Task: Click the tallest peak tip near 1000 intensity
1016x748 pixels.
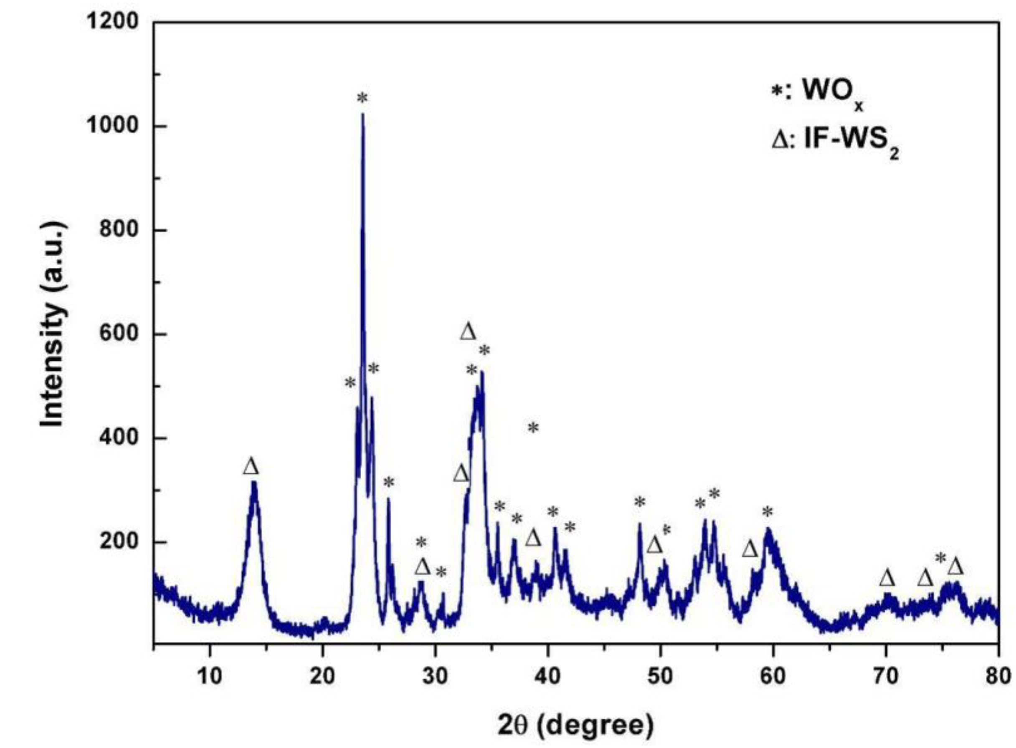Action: click(x=362, y=114)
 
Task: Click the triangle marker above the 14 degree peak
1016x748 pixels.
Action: click(x=251, y=466)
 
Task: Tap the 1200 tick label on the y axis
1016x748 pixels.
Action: click(x=113, y=22)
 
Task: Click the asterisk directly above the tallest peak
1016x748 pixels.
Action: click(x=362, y=97)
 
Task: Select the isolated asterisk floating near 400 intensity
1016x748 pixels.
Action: click(x=533, y=427)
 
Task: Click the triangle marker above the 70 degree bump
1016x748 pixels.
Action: click(x=887, y=578)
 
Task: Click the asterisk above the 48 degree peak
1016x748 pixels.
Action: click(x=639, y=502)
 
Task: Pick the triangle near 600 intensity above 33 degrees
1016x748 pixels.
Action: click(x=468, y=331)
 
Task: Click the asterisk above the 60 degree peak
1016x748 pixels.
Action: click(x=767, y=512)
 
